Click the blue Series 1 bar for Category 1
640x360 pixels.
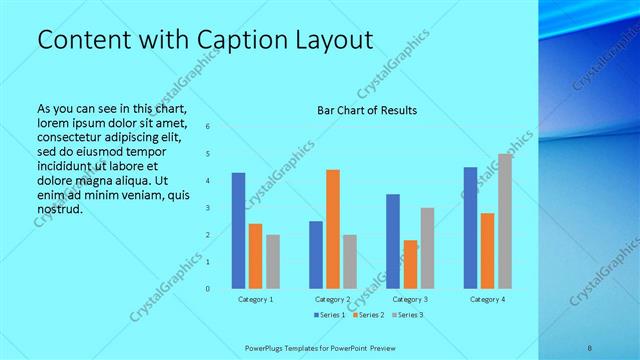tap(238, 231)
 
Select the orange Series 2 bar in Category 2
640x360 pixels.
tap(333, 229)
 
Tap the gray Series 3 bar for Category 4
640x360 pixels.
tap(505, 221)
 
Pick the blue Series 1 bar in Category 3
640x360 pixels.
tap(393, 241)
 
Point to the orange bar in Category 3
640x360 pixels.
tap(410, 264)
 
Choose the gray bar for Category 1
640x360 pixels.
tap(273, 262)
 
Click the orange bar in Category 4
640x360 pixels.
tap(487, 251)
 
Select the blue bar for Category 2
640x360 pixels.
tap(316, 255)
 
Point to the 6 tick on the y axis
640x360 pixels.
tap(208, 127)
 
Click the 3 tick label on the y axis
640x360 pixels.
tap(208, 208)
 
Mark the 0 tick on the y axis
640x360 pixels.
tap(208, 289)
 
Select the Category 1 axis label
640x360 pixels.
tap(256, 299)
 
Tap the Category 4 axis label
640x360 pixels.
tap(487, 299)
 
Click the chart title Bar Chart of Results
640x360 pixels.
tap(367, 110)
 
